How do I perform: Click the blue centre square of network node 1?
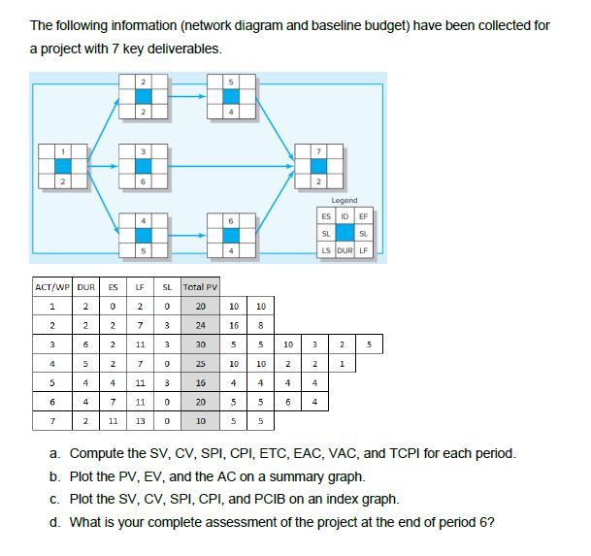click(x=63, y=166)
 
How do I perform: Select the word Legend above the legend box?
click(x=345, y=200)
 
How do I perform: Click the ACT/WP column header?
click(x=55, y=287)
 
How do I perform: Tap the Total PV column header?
click(x=201, y=287)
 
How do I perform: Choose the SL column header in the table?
click(x=168, y=287)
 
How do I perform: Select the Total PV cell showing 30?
click(x=201, y=343)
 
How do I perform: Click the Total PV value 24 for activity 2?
click(x=201, y=325)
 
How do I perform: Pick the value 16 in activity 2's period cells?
click(x=235, y=325)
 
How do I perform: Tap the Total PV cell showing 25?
click(x=201, y=363)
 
